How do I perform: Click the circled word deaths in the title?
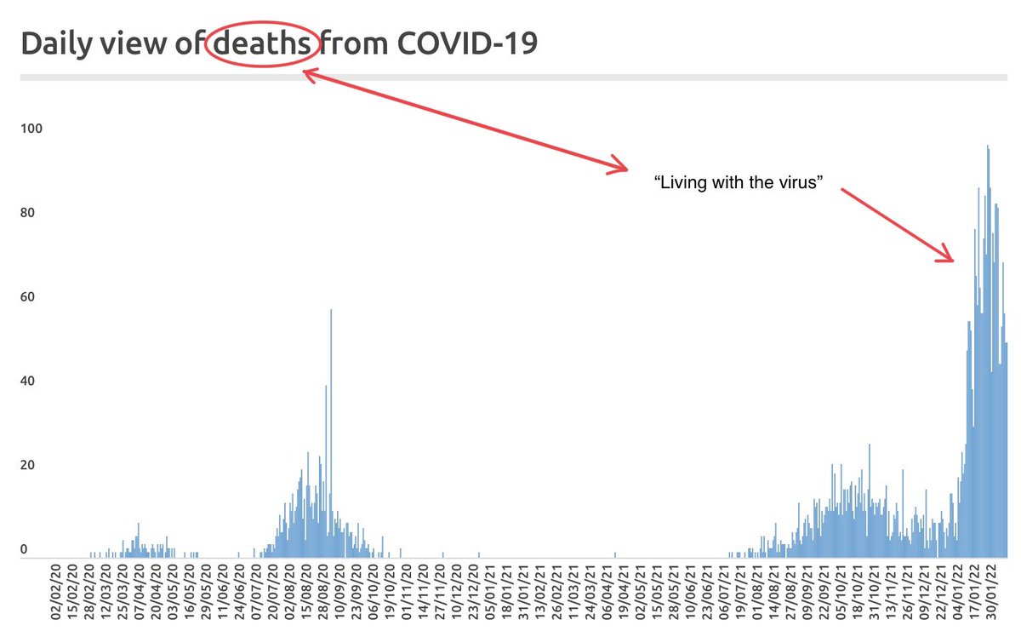[262, 43]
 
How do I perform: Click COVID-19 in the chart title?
[467, 43]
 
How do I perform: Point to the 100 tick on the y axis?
[31, 129]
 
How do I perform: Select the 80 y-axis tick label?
[27, 213]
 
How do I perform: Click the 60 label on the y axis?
[27, 297]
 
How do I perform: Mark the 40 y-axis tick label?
[27, 381]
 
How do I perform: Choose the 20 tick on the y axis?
[27, 466]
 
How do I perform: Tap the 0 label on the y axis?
[24, 549]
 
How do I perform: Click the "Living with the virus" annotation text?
[739, 182]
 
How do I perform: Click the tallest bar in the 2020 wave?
[331, 433]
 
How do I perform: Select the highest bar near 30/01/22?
[988, 352]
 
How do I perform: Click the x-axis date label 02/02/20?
[55, 592]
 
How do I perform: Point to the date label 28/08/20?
[323, 592]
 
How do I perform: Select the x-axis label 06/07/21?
[724, 592]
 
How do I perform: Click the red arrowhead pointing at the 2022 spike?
[946, 253]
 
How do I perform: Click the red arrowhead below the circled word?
[309, 75]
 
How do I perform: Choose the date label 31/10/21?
[875, 592]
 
